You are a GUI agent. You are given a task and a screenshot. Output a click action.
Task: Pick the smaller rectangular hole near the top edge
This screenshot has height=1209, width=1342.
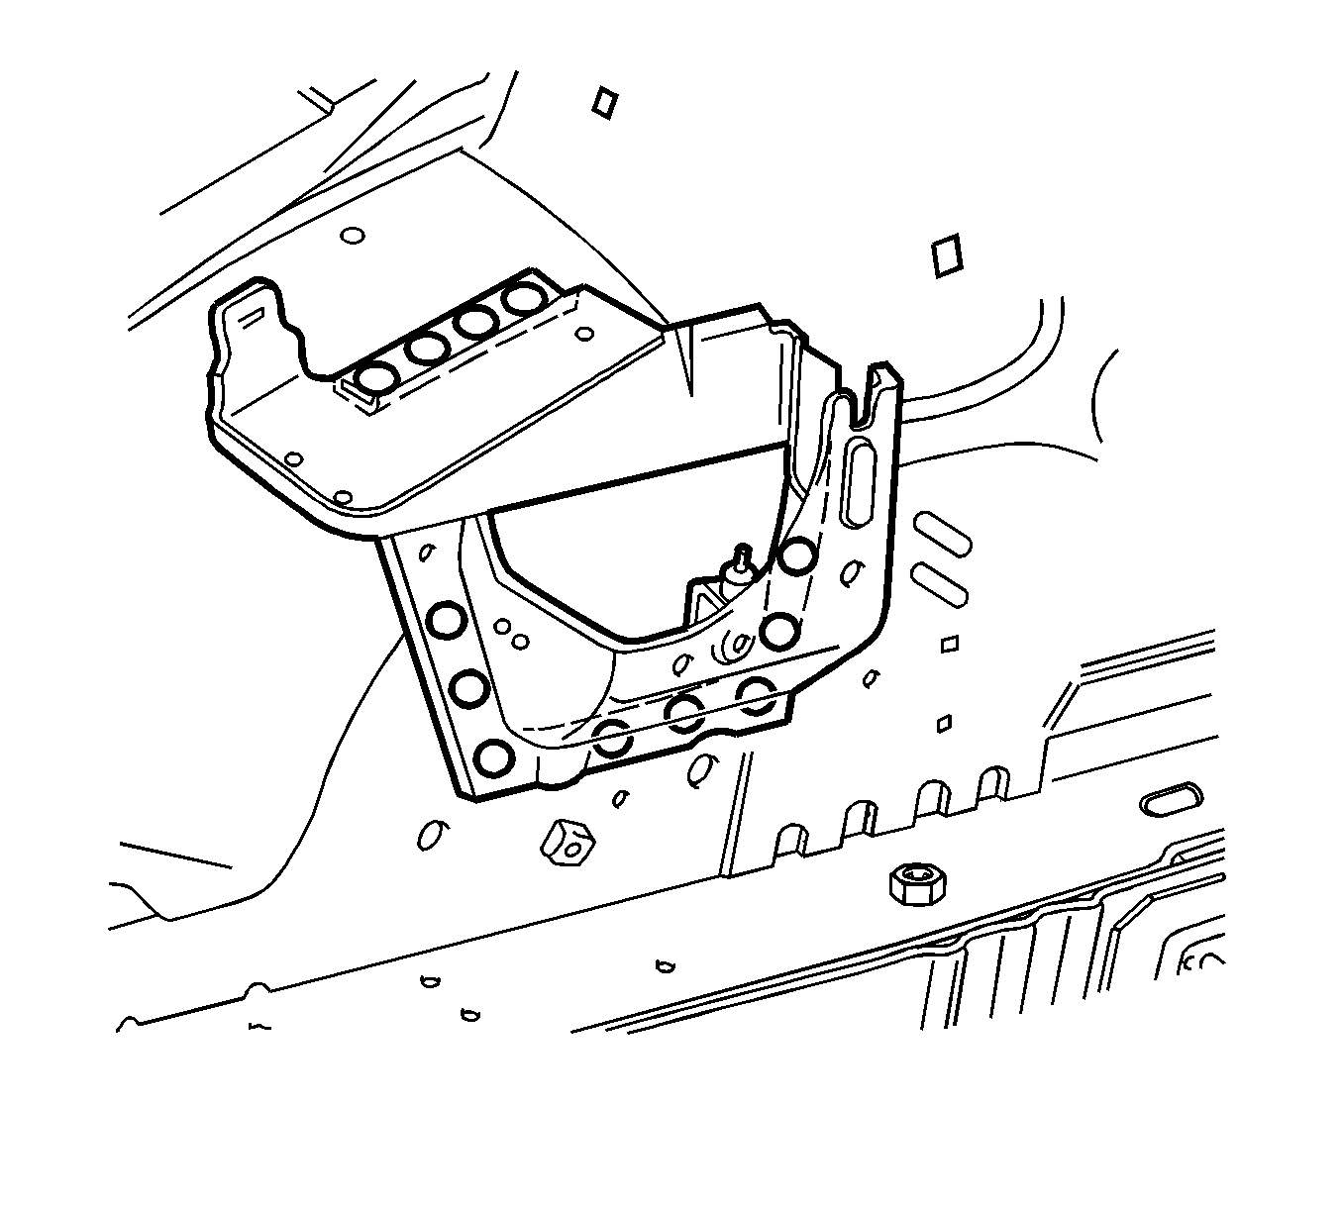[603, 102]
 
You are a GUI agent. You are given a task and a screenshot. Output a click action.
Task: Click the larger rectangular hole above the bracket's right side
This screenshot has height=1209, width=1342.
[948, 254]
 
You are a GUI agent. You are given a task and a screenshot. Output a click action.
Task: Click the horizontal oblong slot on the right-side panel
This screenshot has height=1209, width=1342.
[1173, 801]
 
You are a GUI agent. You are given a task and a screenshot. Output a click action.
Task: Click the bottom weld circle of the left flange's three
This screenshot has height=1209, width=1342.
[492, 758]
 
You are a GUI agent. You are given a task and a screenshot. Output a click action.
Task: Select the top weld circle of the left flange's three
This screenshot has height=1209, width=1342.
[446, 620]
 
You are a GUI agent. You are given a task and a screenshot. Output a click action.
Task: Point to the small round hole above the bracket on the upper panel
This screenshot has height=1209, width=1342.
[352, 237]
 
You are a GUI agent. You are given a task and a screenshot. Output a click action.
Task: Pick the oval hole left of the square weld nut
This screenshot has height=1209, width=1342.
[429, 837]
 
